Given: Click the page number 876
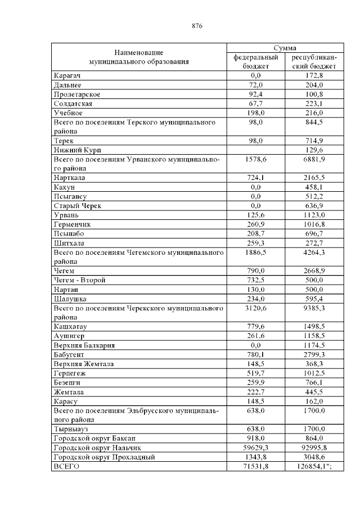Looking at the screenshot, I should [196, 26].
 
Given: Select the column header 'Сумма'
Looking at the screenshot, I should [285, 48].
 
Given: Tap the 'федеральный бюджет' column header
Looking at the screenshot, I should [256, 61].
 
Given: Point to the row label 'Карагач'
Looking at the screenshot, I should [67, 75].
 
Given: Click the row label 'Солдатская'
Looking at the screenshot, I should [73, 103].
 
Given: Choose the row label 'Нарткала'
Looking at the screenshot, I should [69, 178].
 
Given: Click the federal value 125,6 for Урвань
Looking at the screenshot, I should [256, 215].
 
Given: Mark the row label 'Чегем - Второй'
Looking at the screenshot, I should [79, 280].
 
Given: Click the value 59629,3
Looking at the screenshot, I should [256, 447].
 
